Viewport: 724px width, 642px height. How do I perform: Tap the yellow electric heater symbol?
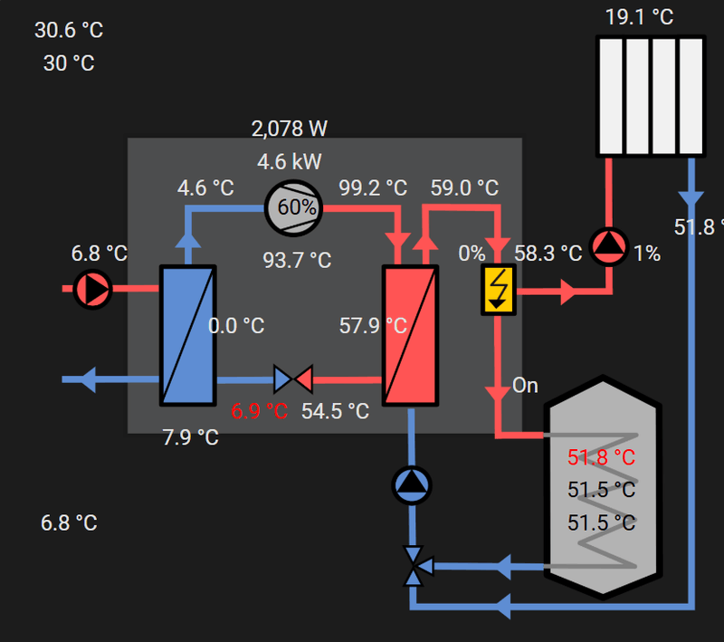pos(498,291)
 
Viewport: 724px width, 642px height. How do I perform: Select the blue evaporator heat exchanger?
pos(188,335)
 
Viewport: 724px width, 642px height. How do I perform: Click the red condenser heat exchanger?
pos(410,335)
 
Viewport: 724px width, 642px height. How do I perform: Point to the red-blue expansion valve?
pos(292,378)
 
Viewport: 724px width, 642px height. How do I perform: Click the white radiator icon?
pos(650,96)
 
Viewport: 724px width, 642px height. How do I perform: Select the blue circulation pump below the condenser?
pos(413,484)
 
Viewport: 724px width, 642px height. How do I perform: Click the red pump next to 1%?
pos(609,246)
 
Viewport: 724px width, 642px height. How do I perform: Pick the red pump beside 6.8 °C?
pos(91,289)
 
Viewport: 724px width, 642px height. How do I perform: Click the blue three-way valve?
pos(414,567)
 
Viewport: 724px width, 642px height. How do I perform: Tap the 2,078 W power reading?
pos(290,129)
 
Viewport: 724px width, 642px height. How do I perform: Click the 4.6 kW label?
pos(290,162)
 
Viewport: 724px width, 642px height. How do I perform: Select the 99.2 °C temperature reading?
pos(373,188)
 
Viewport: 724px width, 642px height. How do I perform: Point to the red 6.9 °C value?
pos(259,411)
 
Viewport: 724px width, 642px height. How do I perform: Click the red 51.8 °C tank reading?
pos(601,456)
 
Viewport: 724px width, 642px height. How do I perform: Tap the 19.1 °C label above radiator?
pos(640,17)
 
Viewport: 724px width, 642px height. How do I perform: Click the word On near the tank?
pos(525,386)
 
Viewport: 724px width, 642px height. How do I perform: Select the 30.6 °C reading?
pos(69,30)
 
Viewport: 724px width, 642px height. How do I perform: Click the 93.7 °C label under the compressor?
pos(297,261)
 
